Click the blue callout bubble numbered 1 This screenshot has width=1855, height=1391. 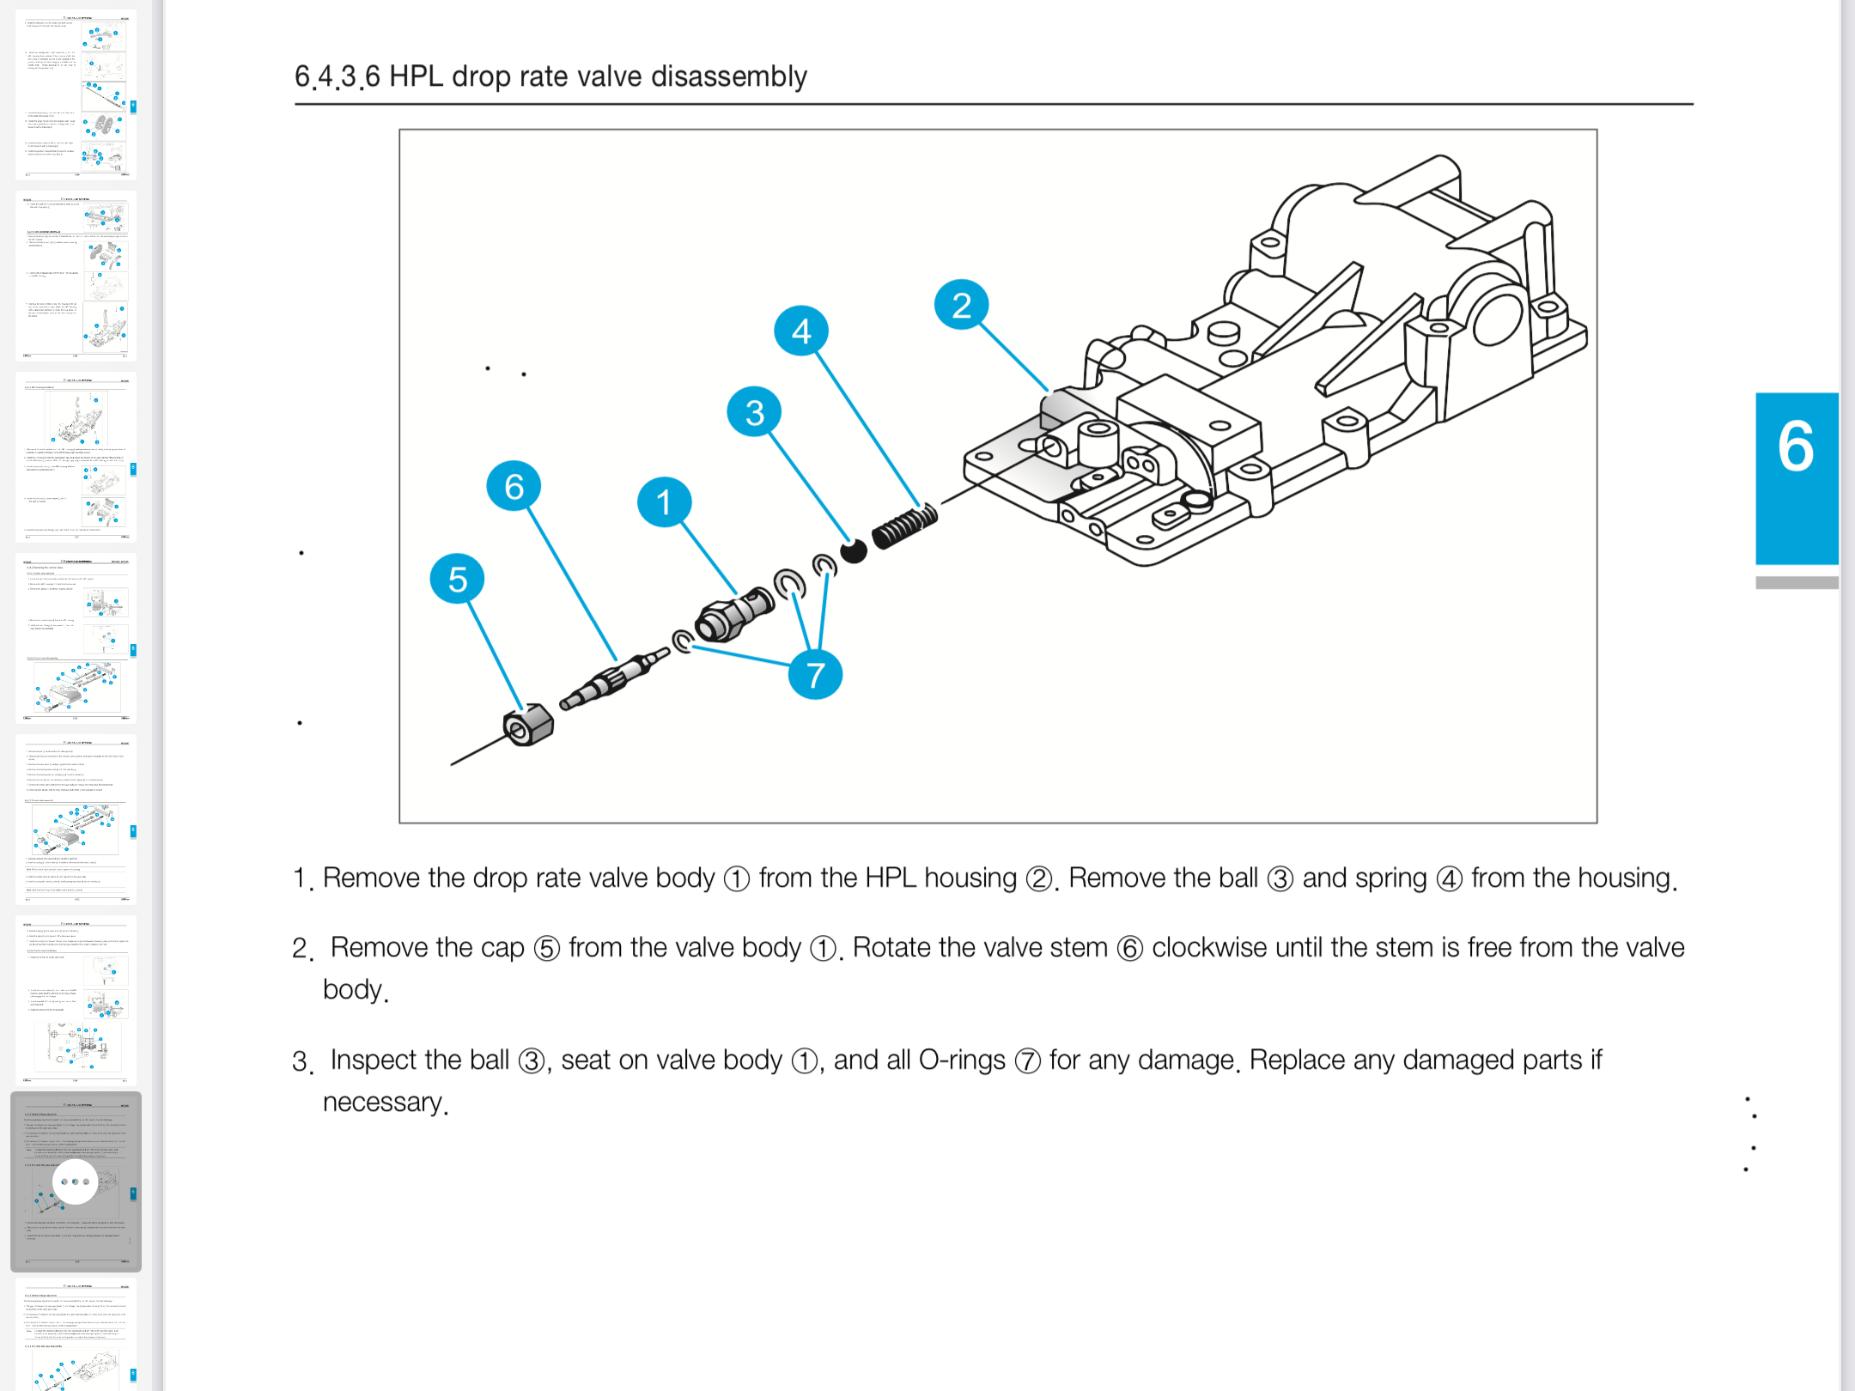pyautogui.click(x=664, y=502)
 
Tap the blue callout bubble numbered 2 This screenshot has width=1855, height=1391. pyautogui.click(x=961, y=305)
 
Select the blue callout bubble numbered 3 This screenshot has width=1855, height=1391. pyautogui.click(x=754, y=412)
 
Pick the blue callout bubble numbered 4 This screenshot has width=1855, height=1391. pyautogui.click(x=800, y=331)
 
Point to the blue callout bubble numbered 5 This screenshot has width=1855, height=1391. pyautogui.click(x=457, y=580)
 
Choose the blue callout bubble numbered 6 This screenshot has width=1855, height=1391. pyautogui.click(x=514, y=487)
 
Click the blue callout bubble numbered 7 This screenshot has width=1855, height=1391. pyautogui.click(x=815, y=674)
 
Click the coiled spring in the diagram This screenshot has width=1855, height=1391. pyautogui.click(x=904, y=527)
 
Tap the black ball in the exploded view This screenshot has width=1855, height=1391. pyautogui.click(x=854, y=550)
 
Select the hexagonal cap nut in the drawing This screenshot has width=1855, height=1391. pyautogui.click(x=528, y=726)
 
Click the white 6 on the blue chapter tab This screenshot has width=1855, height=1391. pyautogui.click(x=1796, y=446)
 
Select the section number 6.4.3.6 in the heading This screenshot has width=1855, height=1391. pyautogui.click(x=337, y=76)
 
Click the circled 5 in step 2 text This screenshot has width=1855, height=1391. pyautogui.click(x=547, y=949)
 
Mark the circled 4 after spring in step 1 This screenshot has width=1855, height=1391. pyautogui.click(x=1449, y=879)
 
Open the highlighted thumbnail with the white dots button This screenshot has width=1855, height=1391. pyautogui.click(x=76, y=1181)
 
